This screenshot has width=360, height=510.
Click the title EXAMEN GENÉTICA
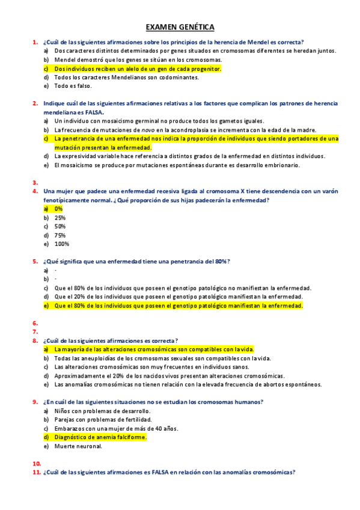click(x=180, y=27)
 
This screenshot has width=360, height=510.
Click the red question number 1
click(x=35, y=42)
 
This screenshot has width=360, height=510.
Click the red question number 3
click(x=35, y=182)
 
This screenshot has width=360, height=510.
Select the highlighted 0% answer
click(x=58, y=209)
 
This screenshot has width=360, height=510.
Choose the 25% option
click(x=59, y=218)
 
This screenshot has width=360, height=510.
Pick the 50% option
click(x=59, y=226)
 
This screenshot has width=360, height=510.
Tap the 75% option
click(x=59, y=235)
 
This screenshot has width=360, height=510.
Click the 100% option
click(x=61, y=244)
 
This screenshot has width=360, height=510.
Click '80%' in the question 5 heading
click(x=222, y=262)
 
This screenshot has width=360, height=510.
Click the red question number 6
click(x=35, y=323)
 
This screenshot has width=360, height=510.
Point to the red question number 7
click(x=35, y=331)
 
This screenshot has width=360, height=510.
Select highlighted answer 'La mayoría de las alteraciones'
click(x=154, y=349)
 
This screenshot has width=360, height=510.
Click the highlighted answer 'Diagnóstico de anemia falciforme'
click(x=100, y=437)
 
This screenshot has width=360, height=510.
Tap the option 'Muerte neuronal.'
click(x=78, y=446)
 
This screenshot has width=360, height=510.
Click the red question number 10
click(x=36, y=464)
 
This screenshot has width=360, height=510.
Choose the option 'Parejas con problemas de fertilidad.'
click(x=103, y=419)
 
